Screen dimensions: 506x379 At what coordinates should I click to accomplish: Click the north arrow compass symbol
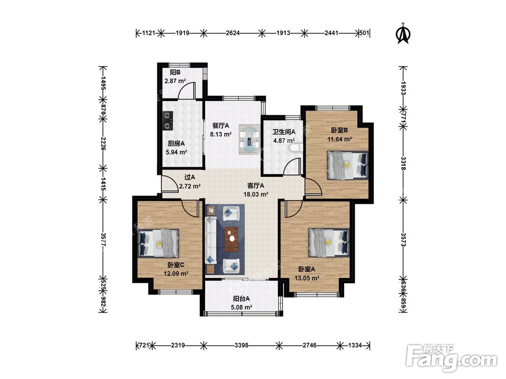[x=403, y=33]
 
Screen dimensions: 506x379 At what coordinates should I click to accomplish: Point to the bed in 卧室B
[x=348, y=165]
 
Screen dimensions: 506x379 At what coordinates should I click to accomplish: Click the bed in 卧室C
[x=158, y=243]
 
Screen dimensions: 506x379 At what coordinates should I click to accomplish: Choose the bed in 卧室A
[x=329, y=243]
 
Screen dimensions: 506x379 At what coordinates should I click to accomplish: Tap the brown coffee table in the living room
[x=231, y=239]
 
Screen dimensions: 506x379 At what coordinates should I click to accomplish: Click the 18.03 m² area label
[x=256, y=195]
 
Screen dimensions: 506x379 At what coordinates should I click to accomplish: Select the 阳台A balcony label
[x=241, y=299]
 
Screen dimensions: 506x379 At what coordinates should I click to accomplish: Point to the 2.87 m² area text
[x=175, y=81]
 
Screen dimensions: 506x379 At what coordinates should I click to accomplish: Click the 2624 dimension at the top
[x=233, y=32]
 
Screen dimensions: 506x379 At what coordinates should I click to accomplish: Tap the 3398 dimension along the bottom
[x=241, y=345]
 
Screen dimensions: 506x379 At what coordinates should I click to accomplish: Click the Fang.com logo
[x=452, y=357]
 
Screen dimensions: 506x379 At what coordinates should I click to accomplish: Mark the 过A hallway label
[x=190, y=177]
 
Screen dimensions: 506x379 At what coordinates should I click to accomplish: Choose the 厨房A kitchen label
[x=176, y=144]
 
